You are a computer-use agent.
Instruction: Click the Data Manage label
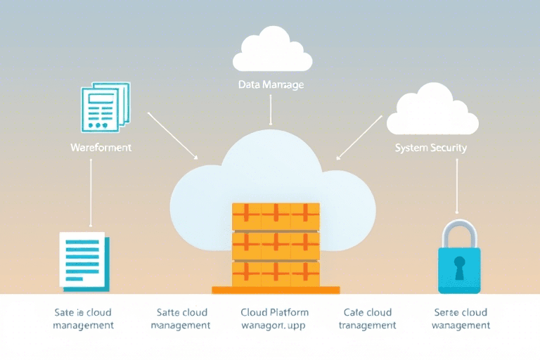(x=270, y=84)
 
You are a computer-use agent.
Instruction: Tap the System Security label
(x=430, y=148)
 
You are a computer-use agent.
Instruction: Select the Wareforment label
(x=101, y=148)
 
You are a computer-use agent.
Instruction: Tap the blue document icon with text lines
(x=83, y=259)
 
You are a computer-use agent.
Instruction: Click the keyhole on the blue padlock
(x=459, y=266)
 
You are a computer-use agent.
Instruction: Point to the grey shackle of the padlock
(x=458, y=233)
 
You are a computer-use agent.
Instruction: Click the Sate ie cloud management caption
(x=84, y=319)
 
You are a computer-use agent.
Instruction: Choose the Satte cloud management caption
(x=181, y=319)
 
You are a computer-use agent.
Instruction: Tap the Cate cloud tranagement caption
(x=367, y=319)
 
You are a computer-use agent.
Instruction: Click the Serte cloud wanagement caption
(x=461, y=319)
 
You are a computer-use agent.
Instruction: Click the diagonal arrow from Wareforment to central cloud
(x=172, y=135)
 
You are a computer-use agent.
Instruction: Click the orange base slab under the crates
(x=276, y=290)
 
